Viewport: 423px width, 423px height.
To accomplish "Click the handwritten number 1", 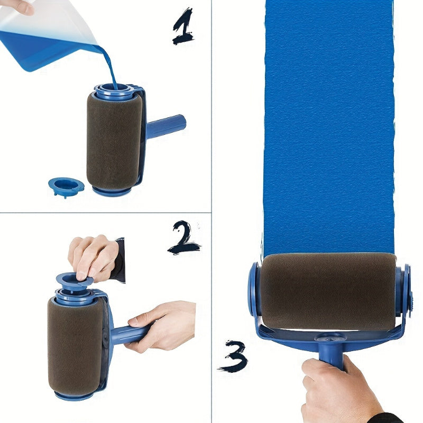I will (182, 26).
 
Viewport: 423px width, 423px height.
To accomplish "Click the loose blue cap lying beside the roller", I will (66, 186).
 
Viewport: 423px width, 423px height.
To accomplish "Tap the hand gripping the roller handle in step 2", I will (161, 325).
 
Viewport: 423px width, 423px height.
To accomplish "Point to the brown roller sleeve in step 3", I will (328, 291).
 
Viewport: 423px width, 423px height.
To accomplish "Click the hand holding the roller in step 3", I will (338, 391).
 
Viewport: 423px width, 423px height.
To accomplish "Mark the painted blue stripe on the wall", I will (328, 127).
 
